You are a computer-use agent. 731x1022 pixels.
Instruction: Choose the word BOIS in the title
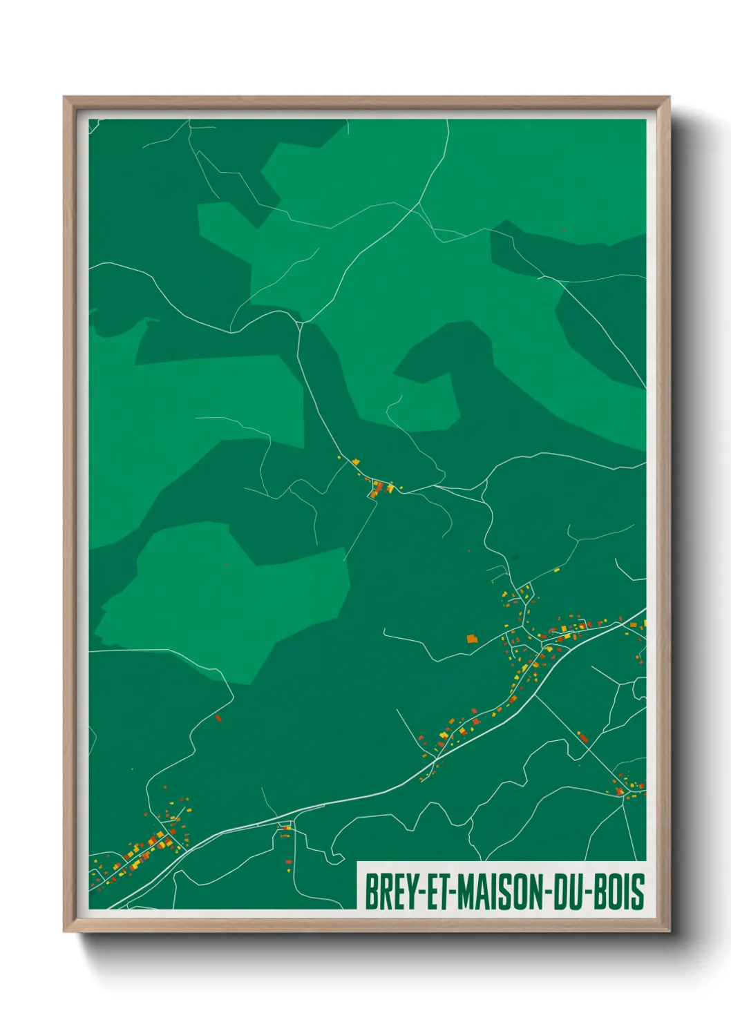tap(620, 891)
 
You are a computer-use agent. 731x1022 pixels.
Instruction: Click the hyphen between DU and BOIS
tap(592, 892)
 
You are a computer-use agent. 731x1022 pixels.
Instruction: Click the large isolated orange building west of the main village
tap(472, 639)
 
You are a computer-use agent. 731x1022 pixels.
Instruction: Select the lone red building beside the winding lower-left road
tap(218, 718)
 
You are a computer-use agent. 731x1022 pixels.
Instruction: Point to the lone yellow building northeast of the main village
tap(556, 570)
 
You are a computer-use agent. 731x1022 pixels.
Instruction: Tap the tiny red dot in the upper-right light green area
tap(564, 231)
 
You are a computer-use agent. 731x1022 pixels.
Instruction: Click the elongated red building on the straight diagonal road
tap(583, 737)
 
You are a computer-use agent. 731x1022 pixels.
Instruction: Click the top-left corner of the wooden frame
tap(64, 97)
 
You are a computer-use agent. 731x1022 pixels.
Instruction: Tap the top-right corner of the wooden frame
tap(669, 97)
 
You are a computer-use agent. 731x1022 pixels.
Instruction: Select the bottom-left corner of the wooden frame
tap(64, 932)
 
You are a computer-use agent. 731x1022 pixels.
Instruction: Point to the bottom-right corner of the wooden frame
tap(669, 932)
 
